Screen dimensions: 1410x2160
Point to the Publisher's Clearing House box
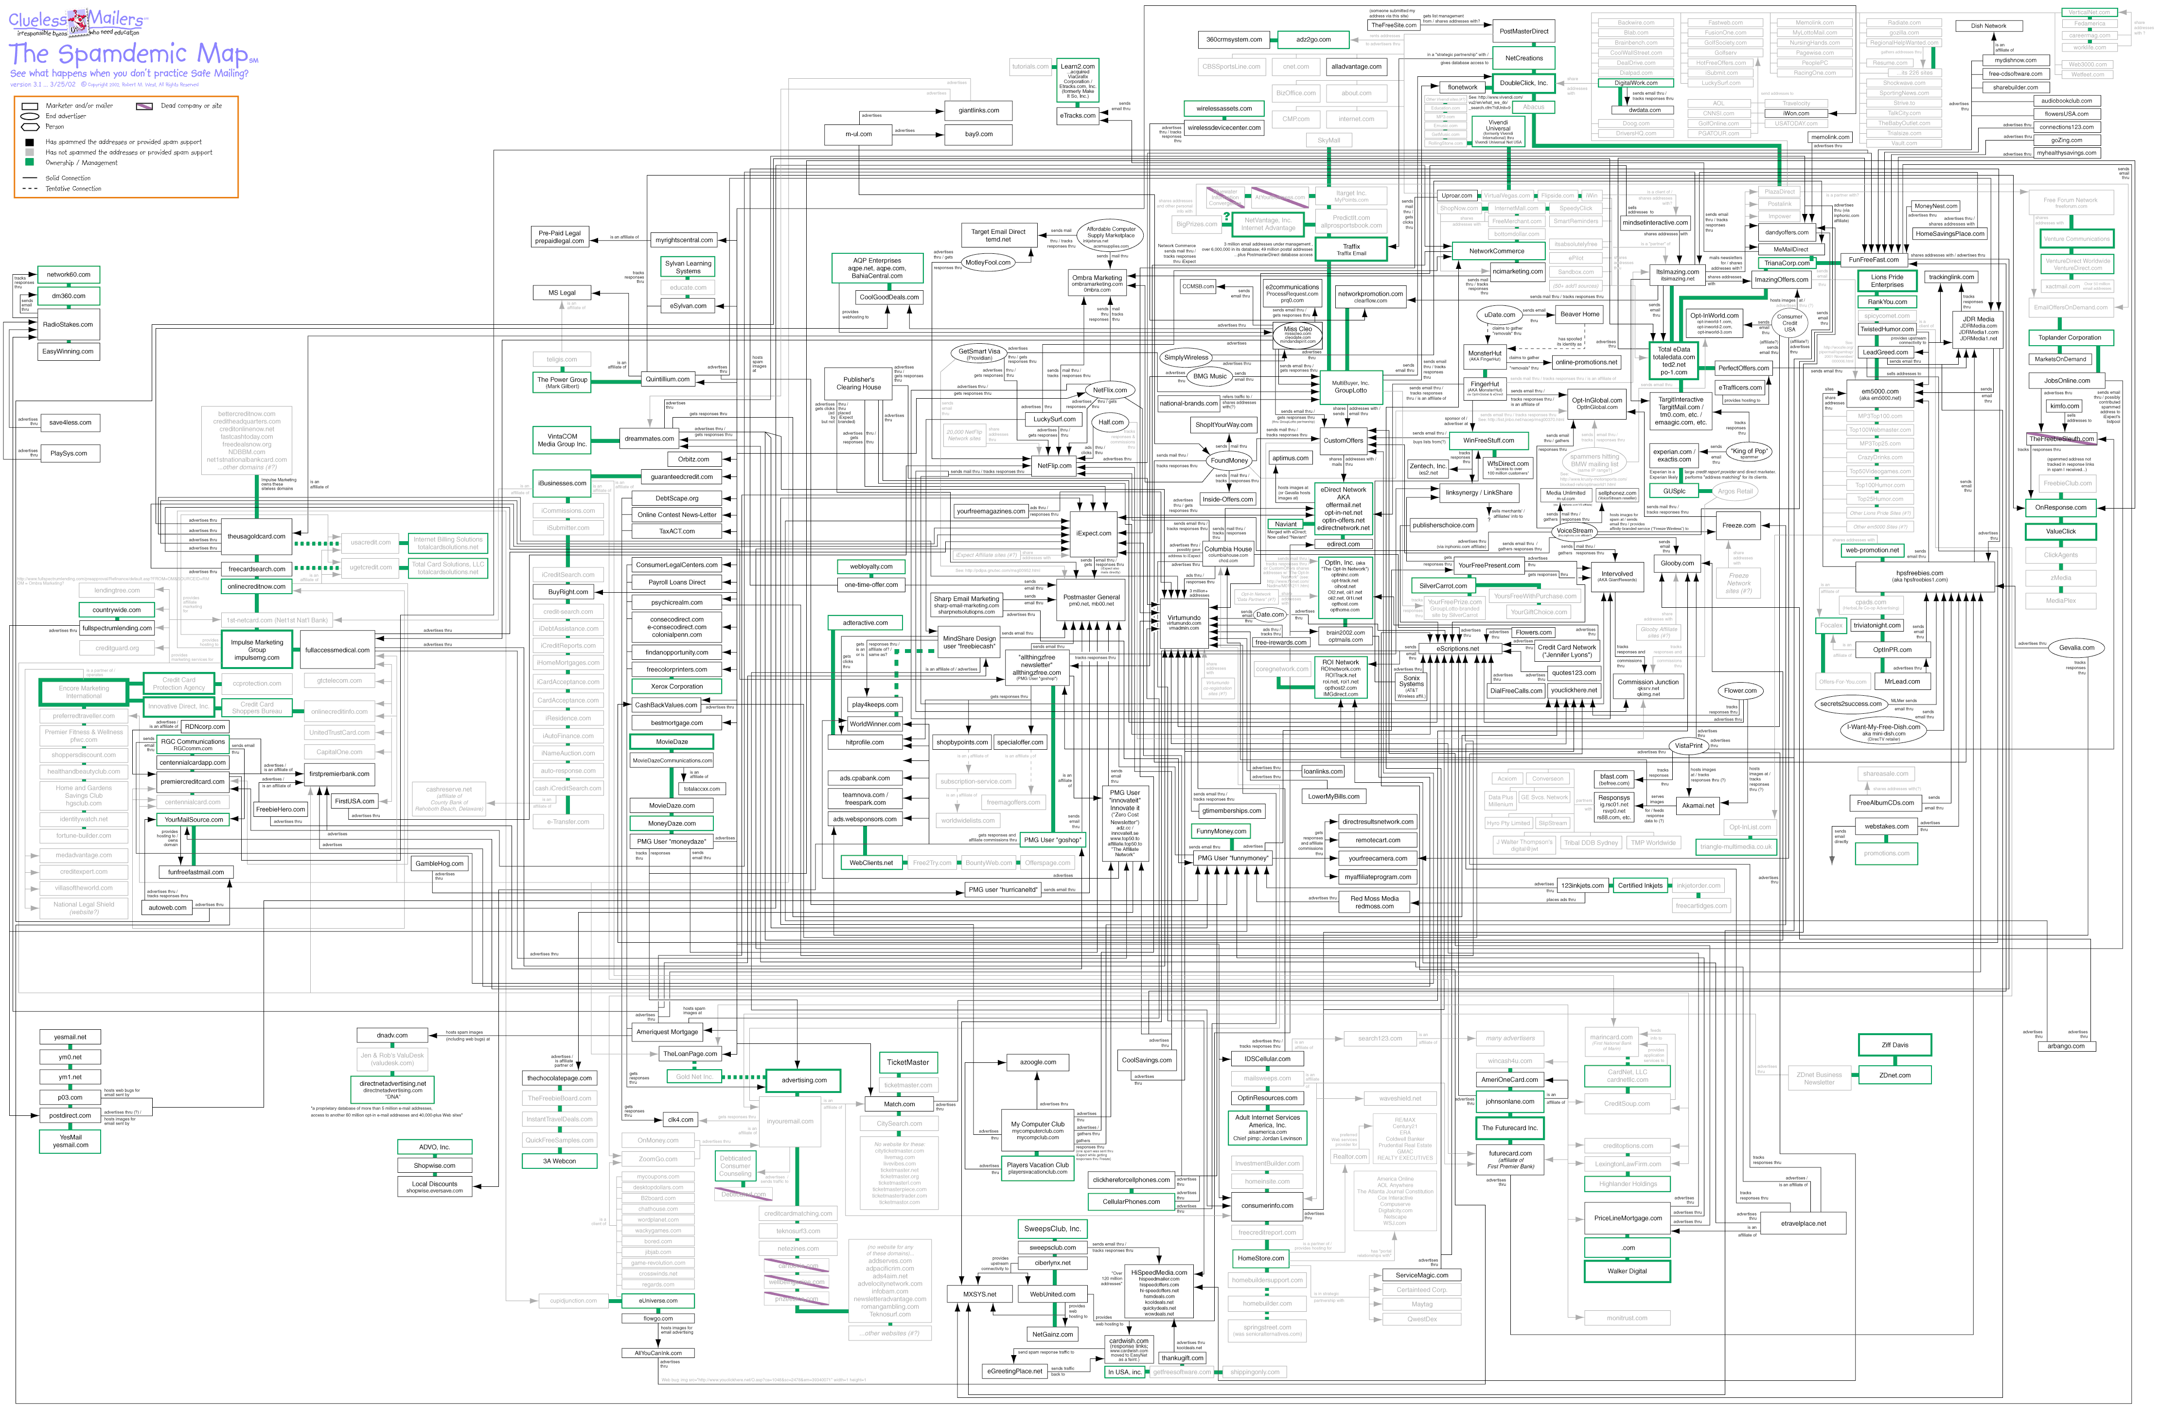click(859, 383)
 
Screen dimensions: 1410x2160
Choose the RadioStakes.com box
click(68, 324)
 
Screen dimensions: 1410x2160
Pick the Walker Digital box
click(1627, 1271)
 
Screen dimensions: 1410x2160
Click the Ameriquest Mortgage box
click(667, 1032)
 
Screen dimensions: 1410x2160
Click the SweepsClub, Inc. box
click(1052, 1229)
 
